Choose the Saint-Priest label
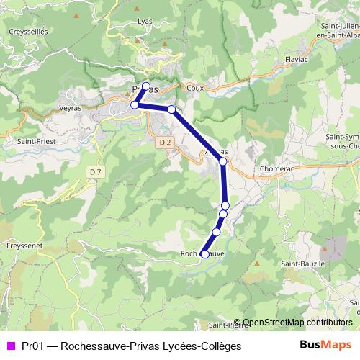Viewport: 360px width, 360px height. [x=32, y=142]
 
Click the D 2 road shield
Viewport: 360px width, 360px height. [x=165, y=143]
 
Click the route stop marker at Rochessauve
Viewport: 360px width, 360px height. [x=204, y=254]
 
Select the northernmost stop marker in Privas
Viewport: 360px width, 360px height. [x=146, y=86]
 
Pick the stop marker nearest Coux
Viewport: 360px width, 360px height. [x=171, y=109]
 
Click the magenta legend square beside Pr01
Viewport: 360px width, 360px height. [x=10, y=345]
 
